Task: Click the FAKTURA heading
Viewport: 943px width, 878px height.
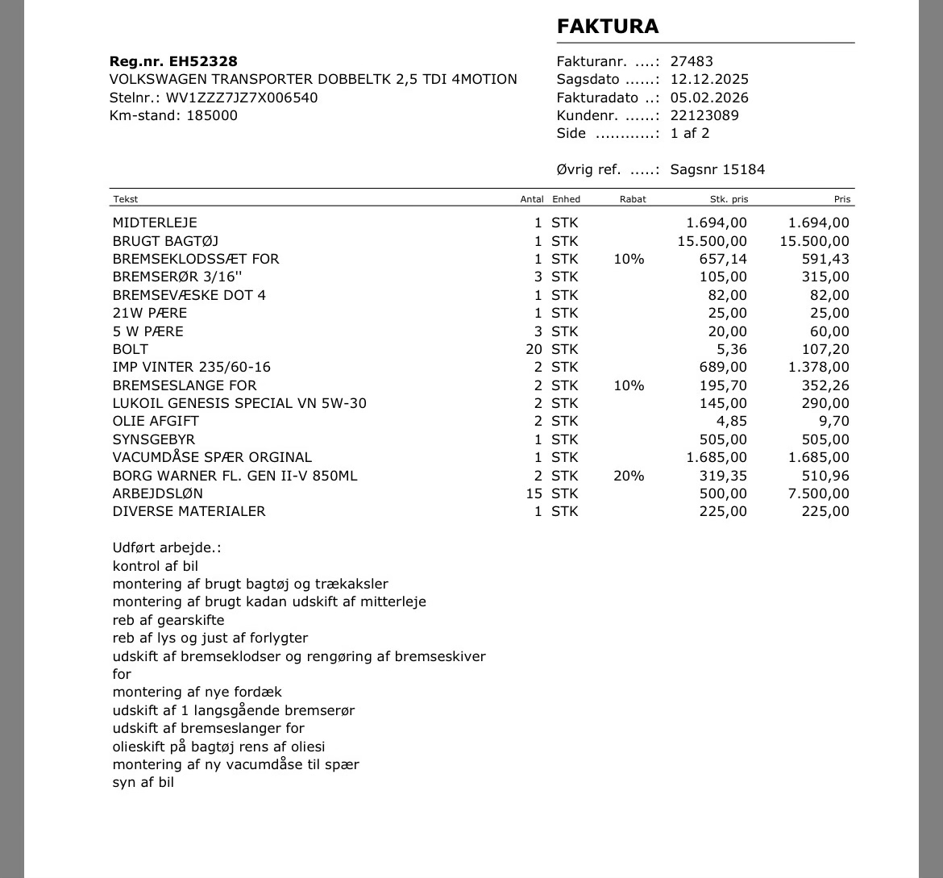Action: pyautogui.click(x=608, y=27)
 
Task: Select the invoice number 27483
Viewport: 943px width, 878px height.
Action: pyautogui.click(x=692, y=61)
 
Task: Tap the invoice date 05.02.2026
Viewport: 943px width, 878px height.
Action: pyautogui.click(x=709, y=98)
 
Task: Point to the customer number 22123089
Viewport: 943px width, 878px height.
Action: pyautogui.click(x=704, y=115)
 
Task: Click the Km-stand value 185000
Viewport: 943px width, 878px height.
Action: pyautogui.click(x=212, y=115)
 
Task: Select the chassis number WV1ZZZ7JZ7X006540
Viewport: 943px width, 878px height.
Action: pyautogui.click(x=242, y=98)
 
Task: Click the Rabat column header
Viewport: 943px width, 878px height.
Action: pyautogui.click(x=633, y=199)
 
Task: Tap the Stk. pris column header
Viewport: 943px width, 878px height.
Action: pyautogui.click(x=729, y=199)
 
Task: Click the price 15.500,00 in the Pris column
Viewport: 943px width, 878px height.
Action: pyautogui.click(x=814, y=241)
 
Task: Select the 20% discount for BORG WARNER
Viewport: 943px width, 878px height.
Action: pyautogui.click(x=629, y=476)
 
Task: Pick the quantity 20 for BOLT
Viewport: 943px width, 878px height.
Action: pyautogui.click(x=534, y=349)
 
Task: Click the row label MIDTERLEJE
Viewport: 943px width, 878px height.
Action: pyautogui.click(x=155, y=223)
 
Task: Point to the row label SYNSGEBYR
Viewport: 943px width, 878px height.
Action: pyautogui.click(x=154, y=439)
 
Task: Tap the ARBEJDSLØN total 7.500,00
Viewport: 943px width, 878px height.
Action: pyautogui.click(x=818, y=493)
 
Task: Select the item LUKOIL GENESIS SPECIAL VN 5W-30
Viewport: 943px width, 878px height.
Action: pyautogui.click(x=239, y=403)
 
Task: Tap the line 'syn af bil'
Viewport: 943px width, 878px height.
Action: pyautogui.click(x=143, y=782)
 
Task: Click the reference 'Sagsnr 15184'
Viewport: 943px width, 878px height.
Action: pyautogui.click(x=717, y=169)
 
